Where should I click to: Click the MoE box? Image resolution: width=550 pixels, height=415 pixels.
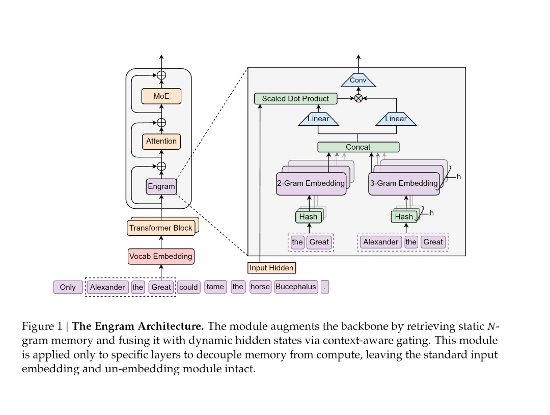click(x=161, y=96)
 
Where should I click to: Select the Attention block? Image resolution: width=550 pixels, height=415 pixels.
click(x=161, y=141)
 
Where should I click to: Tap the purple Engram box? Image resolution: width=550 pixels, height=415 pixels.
click(x=161, y=186)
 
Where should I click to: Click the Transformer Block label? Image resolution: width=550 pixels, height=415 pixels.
click(x=161, y=228)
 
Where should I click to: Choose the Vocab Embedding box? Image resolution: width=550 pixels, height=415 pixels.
click(x=161, y=256)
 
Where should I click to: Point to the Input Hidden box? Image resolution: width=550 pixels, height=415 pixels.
click(x=271, y=267)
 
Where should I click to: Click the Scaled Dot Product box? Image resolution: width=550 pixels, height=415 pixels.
click(x=295, y=98)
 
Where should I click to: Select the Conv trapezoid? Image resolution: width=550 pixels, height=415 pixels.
click(x=358, y=80)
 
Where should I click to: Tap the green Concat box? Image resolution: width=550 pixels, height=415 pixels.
click(x=358, y=147)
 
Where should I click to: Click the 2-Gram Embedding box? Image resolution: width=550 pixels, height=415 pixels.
click(x=311, y=183)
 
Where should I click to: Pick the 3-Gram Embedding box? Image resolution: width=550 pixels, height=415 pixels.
click(x=403, y=183)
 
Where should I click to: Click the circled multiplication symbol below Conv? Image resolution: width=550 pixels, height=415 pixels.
click(x=358, y=98)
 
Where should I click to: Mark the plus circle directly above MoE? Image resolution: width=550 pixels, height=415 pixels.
click(x=161, y=75)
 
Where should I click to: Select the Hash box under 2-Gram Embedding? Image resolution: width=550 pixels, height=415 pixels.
click(x=308, y=216)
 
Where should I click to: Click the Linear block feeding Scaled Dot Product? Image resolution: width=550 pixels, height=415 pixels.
click(x=318, y=119)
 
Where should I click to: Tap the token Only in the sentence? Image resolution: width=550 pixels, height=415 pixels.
click(x=67, y=287)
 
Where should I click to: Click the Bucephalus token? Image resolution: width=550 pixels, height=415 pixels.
click(x=295, y=287)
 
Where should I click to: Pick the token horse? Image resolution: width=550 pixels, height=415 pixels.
click(x=260, y=287)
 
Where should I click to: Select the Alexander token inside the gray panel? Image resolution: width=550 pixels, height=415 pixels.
click(x=380, y=242)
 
